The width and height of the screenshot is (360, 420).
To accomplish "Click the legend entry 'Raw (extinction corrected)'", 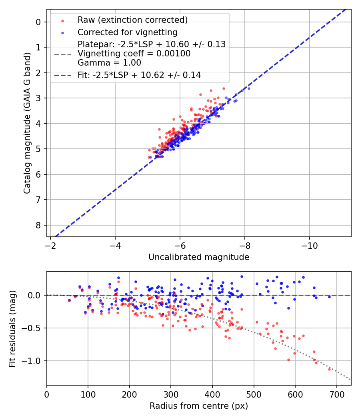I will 132,20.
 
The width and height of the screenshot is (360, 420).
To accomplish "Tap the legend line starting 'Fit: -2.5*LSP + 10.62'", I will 139,75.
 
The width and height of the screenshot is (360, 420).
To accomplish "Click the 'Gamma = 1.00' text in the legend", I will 109,62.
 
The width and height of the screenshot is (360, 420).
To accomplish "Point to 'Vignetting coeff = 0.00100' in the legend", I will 134,53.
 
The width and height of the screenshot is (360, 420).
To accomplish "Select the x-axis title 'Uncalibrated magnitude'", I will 199,257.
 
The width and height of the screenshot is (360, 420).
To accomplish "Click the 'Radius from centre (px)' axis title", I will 199,406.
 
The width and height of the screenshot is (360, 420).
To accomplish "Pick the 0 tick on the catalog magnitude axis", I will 39,22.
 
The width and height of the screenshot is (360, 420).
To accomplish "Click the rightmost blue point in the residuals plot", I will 329,297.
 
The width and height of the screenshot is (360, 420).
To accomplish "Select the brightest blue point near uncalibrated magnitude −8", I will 249,88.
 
